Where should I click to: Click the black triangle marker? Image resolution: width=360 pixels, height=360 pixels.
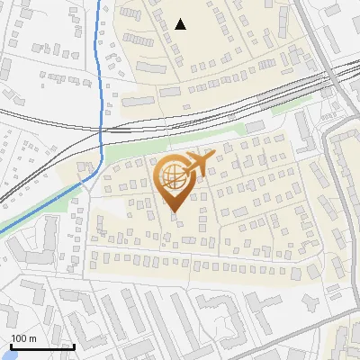pyautogui.click(x=181, y=24)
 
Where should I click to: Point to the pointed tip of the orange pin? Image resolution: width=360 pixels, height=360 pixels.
pyautogui.click(x=173, y=212)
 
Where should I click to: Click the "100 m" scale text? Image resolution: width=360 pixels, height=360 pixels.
pyautogui.click(x=23, y=338)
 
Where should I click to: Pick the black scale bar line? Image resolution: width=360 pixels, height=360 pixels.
pyautogui.click(x=41, y=346)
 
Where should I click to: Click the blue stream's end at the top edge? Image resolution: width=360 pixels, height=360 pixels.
pyautogui.click(x=99, y=3)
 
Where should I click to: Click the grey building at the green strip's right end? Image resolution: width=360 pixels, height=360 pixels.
pyautogui.click(x=255, y=126)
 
